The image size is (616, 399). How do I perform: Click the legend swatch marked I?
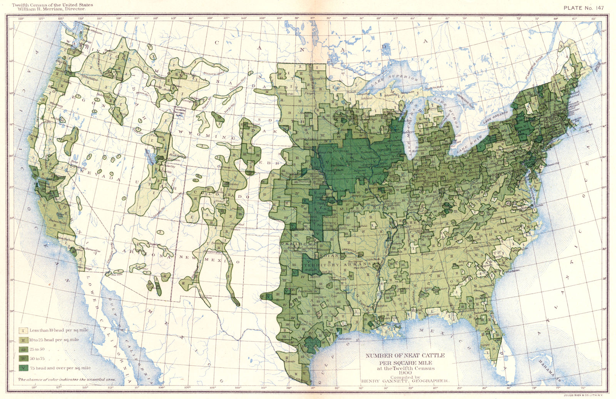pos(23,330)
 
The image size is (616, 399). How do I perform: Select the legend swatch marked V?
pos(23,368)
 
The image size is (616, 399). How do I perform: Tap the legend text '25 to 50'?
pos(37,349)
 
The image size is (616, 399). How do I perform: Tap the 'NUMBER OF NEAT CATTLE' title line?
pos(405,355)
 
